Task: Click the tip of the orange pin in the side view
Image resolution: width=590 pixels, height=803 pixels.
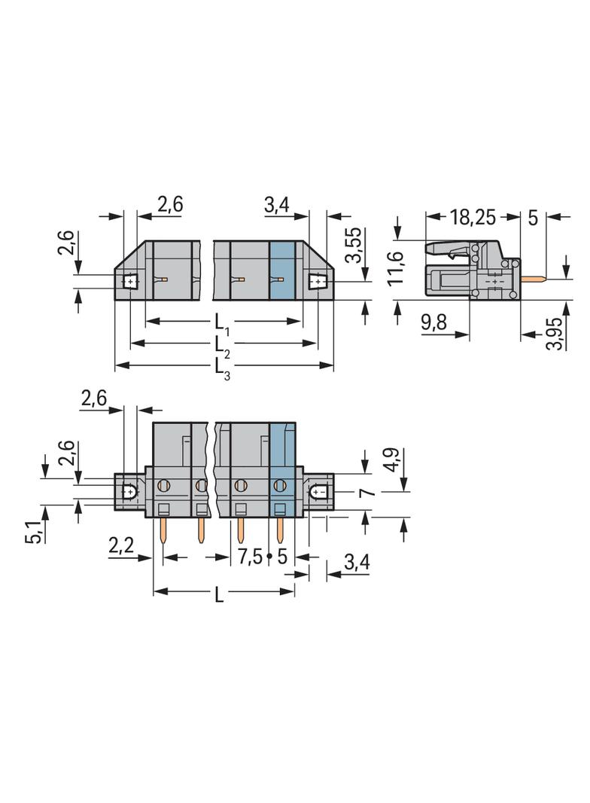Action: click(546, 279)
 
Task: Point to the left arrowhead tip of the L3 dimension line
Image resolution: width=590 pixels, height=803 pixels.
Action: click(115, 365)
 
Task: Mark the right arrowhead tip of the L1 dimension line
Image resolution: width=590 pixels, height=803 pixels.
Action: click(301, 322)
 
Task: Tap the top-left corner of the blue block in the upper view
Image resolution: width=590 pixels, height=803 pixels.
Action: click(269, 242)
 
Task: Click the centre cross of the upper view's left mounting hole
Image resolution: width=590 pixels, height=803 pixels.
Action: click(130, 282)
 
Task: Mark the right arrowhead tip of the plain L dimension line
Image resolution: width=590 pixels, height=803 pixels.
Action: click(295, 591)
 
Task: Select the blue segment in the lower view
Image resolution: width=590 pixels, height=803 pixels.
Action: click(282, 469)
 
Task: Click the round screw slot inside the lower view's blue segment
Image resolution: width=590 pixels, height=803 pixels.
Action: click(279, 484)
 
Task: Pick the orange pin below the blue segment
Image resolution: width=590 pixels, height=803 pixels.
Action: click(280, 530)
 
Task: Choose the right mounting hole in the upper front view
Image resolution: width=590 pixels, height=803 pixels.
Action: click(318, 282)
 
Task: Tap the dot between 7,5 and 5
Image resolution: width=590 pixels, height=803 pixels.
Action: click(269, 556)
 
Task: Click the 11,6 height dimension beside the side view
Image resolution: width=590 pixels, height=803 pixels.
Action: click(396, 268)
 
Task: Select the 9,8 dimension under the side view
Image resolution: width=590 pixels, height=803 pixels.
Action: click(433, 322)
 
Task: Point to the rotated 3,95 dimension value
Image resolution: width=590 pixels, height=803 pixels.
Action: click(554, 334)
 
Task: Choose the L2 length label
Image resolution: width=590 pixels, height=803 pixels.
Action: click(222, 345)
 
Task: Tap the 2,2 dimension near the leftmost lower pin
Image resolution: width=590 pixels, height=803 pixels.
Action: click(121, 545)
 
